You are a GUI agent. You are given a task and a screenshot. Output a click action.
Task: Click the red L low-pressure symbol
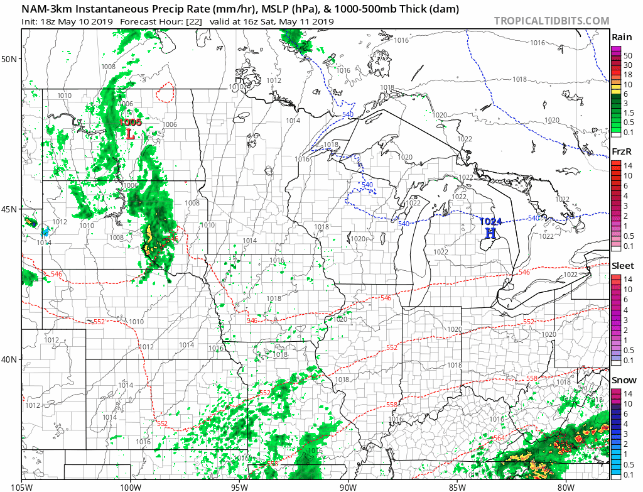tap(131, 133)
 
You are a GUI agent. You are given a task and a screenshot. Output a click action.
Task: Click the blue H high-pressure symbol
tap(490, 232)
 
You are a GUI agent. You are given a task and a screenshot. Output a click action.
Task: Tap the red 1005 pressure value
tap(131, 122)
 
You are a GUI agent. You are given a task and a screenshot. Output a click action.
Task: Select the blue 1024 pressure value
tap(490, 221)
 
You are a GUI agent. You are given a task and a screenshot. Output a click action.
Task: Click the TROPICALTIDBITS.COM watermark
tap(551, 21)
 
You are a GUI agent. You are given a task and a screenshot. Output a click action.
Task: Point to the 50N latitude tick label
tap(10, 59)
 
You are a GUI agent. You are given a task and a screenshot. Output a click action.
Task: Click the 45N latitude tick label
tap(10, 209)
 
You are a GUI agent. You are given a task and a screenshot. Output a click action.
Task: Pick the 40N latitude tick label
tap(10, 359)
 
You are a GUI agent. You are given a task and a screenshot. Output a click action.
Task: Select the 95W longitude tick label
tap(239, 486)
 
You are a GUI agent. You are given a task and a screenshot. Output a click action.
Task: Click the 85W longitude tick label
tap(457, 486)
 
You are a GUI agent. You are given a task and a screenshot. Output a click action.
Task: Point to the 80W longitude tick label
tap(566, 486)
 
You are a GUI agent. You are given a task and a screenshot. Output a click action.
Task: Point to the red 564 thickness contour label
tap(499, 438)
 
